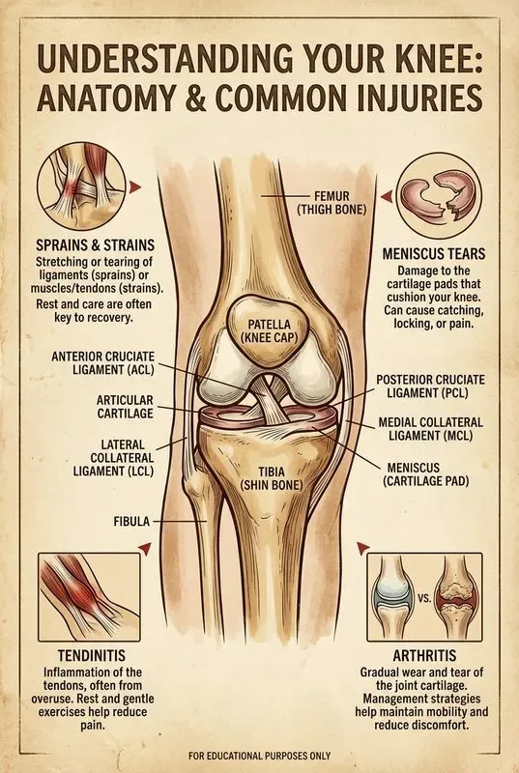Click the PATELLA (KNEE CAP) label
(269, 331)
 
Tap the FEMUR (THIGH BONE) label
(332, 203)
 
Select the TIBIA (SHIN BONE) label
(271, 477)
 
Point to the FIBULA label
(131, 521)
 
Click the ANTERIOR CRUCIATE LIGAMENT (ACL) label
(102, 362)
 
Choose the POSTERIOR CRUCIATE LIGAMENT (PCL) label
(430, 386)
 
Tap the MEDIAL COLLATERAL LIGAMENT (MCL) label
(430, 429)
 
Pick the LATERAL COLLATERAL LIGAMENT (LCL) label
(113, 458)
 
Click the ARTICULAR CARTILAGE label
(126, 406)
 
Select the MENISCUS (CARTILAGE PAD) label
(427, 473)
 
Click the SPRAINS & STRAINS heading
(95, 245)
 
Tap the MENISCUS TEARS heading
(434, 254)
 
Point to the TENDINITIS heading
(91, 655)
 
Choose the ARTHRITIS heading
(424, 655)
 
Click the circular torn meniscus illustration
(439, 195)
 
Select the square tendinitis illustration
(89, 596)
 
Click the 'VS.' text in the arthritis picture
(424, 599)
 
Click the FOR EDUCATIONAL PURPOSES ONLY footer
(259, 756)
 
